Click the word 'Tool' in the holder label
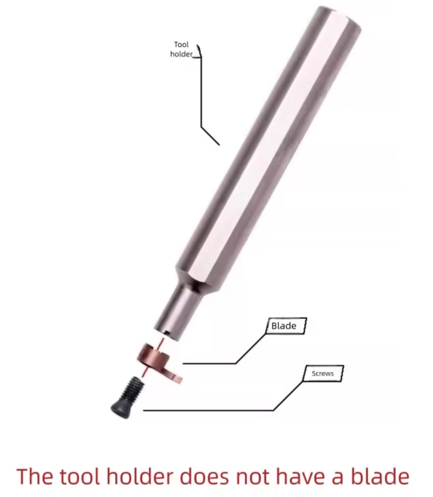[181, 45]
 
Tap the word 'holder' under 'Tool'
[181, 54]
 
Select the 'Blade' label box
[286, 326]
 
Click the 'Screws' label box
[323, 374]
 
